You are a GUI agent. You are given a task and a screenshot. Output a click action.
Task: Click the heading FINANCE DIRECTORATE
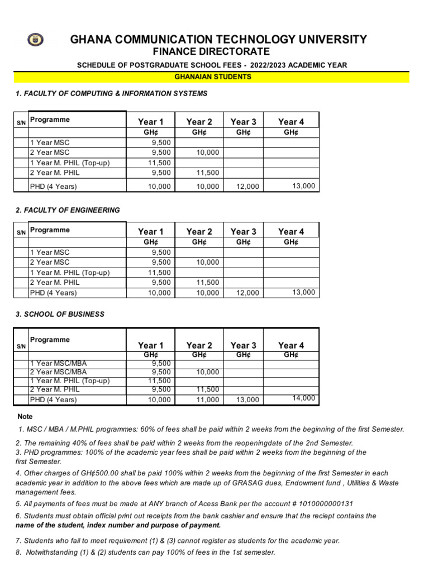pos(215,52)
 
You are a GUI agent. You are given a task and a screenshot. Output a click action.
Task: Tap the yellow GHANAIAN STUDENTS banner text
pos(213,77)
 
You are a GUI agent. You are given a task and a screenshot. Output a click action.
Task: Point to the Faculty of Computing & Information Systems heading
pos(112,93)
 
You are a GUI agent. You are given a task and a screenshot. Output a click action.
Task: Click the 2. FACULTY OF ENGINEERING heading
pos(68,210)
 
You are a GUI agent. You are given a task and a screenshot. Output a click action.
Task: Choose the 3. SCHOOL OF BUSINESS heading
pos(60,314)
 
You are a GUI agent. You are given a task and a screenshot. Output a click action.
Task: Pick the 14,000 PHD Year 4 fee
pos(304,398)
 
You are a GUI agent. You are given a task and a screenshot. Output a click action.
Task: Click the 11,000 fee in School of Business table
pos(208,400)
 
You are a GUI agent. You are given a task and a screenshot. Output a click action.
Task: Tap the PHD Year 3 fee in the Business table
pos(248,400)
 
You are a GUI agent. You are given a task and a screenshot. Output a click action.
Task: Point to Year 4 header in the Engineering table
pos(291,232)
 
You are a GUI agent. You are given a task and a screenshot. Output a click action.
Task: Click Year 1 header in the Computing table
pos(151,122)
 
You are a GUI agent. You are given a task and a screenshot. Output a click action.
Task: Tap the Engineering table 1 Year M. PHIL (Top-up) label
pos(70,273)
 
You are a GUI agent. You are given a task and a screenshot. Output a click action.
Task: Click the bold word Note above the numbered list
pos(25,416)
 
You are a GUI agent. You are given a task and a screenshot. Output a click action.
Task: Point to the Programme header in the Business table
pos(50,340)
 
